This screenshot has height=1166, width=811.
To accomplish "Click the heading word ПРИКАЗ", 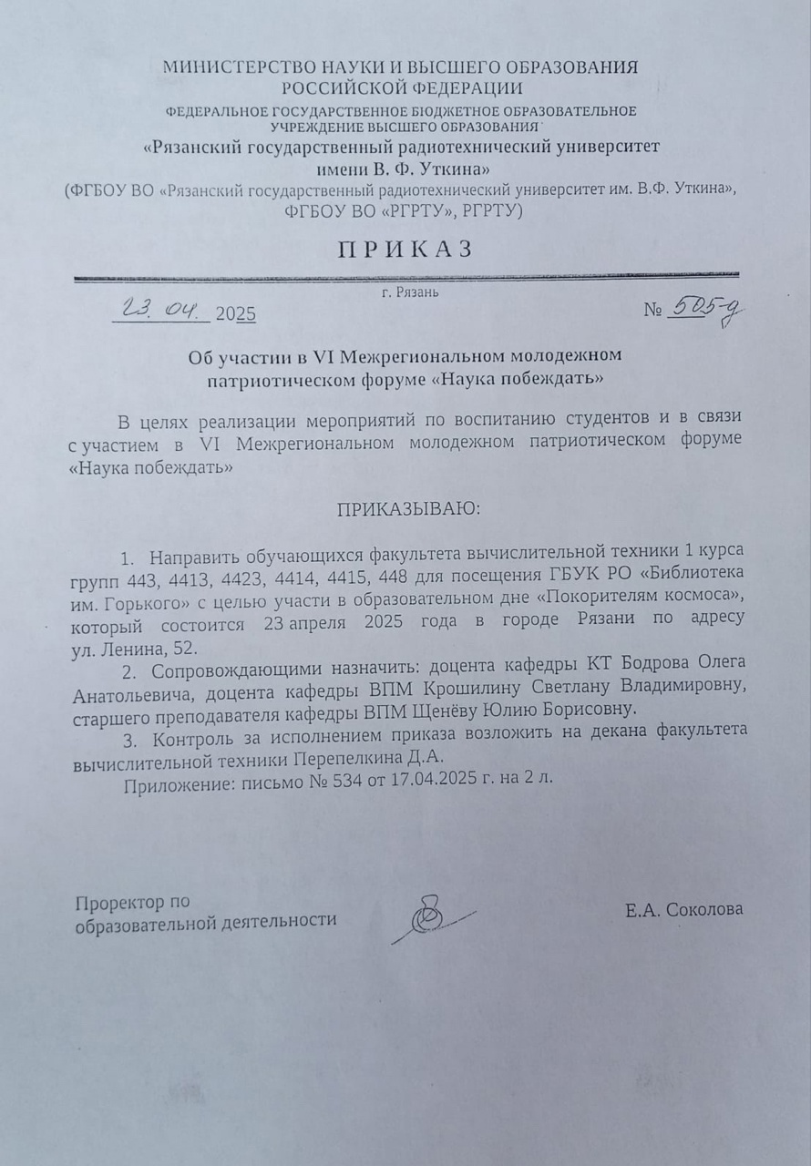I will pos(406,250).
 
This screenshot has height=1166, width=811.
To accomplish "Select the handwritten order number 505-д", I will pos(704,311).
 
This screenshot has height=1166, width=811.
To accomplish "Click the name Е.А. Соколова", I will pos(683,909).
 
